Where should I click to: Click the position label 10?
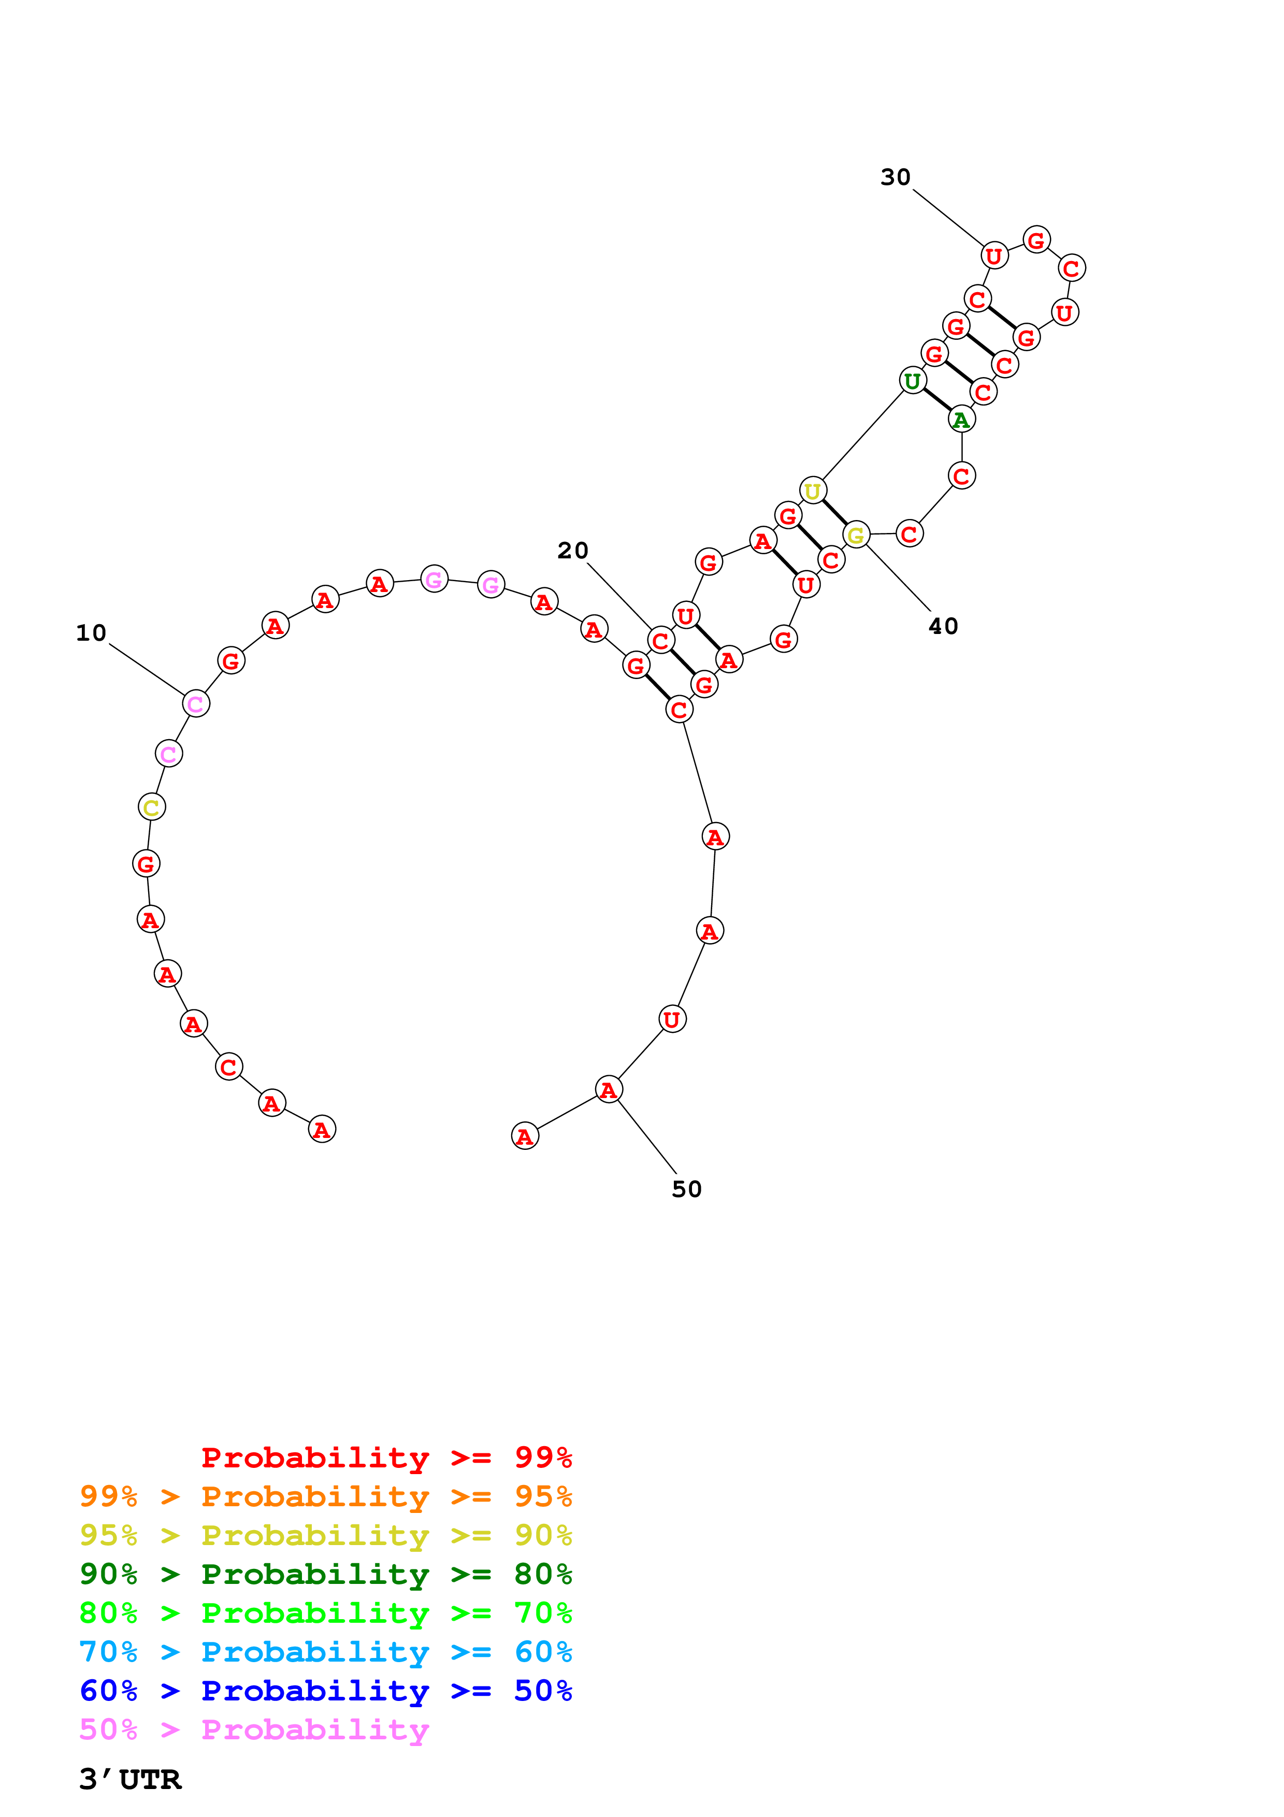point(91,633)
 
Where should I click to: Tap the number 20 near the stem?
point(573,551)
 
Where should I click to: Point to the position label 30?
point(896,177)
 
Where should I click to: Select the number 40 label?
point(943,627)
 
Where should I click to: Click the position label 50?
point(687,1189)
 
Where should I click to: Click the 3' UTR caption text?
point(131,1779)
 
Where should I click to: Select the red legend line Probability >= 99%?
point(386,1457)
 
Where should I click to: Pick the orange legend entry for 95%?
point(325,1496)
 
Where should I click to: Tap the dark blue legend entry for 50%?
point(325,1691)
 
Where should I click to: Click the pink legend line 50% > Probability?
point(254,1729)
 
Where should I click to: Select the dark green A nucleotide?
point(961,420)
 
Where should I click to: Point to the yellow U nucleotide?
point(813,491)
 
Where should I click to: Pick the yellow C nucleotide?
point(151,807)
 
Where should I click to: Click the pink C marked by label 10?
point(195,703)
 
